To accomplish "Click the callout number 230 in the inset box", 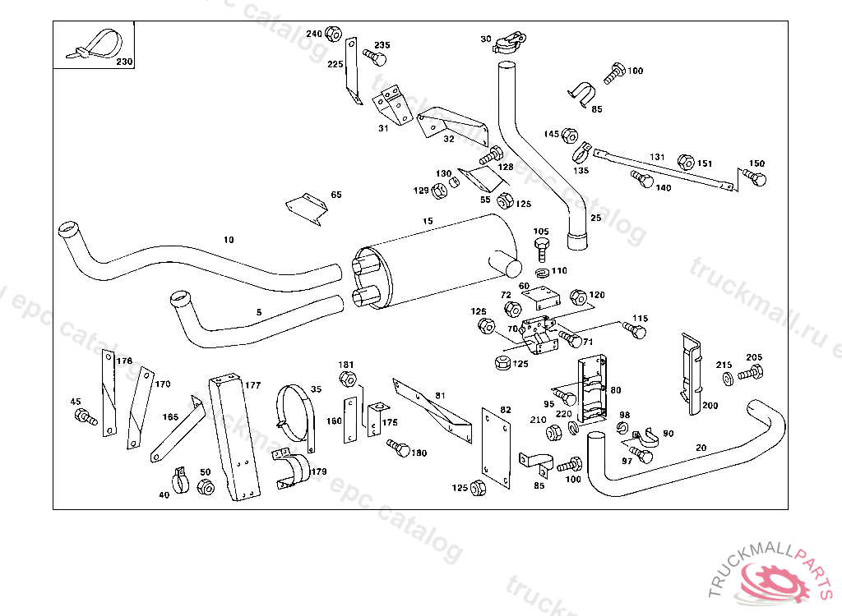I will coord(123,62).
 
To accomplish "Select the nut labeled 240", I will coord(333,34).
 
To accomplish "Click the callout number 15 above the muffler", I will coord(428,222).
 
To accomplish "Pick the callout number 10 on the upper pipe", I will coord(229,240).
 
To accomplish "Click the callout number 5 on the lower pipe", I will coord(259,312).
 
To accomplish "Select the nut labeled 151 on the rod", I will coord(685,162).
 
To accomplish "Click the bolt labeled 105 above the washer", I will coord(541,247).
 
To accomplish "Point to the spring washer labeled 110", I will coord(542,271).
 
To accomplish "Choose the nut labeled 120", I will coord(577,296).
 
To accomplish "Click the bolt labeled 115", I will coord(634,330).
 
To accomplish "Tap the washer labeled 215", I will coord(727,378).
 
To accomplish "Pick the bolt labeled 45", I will coord(85,418).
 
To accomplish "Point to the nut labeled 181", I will coord(347,379).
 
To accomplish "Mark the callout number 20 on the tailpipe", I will coord(701,448).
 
